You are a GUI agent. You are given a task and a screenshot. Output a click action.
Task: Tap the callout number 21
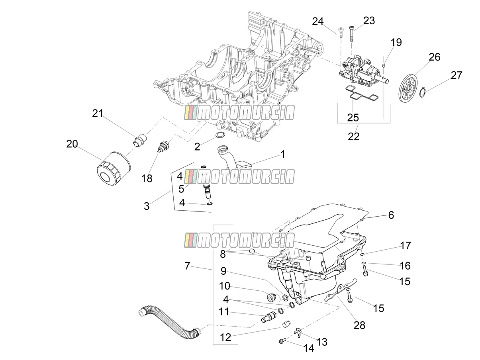pos(98,113)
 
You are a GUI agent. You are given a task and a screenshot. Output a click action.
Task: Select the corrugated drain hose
pos(170,325)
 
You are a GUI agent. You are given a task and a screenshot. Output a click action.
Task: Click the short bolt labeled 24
pos(341,33)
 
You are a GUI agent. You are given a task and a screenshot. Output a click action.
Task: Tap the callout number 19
pos(396,42)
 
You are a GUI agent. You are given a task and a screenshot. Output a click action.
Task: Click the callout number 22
pos(354,136)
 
